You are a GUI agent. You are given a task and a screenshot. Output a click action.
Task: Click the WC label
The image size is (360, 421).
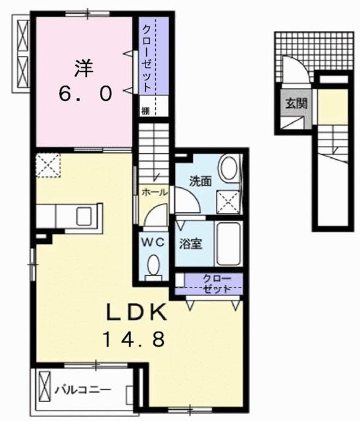click(x=153, y=241)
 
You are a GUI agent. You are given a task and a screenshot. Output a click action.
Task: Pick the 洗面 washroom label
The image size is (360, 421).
click(x=201, y=182)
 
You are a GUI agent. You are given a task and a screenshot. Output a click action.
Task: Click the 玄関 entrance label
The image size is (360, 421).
click(x=293, y=103)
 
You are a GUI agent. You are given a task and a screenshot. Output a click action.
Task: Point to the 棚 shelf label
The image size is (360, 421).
click(x=144, y=110)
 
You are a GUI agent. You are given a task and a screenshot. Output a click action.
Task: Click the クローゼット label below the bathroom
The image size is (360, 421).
click(x=217, y=284)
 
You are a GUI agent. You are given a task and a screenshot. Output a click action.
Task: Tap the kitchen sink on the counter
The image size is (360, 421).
click(x=84, y=214)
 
